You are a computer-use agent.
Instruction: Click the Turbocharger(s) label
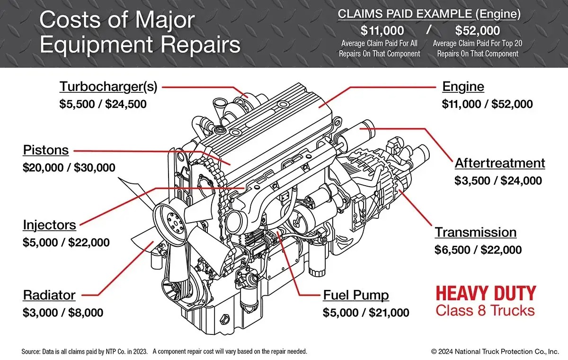coord(108,87)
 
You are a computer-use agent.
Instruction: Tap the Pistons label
coord(45,150)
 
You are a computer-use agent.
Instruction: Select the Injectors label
coord(49,225)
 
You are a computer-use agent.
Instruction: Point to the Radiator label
coord(49,295)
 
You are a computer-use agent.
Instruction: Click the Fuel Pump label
coord(356,295)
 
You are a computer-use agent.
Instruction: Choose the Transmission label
coord(476,232)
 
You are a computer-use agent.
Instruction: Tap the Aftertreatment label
coord(500,163)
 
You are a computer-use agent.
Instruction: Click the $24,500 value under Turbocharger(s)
coord(126,104)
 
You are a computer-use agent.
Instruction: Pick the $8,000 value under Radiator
coord(86,313)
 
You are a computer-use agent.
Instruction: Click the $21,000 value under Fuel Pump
coord(389,313)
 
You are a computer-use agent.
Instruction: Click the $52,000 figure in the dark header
coord(478,31)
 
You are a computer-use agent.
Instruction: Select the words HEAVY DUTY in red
coord(486,294)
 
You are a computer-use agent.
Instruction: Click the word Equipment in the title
coord(96,45)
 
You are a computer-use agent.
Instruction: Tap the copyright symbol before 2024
coord(434,351)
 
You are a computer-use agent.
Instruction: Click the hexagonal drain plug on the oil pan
coord(225,319)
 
